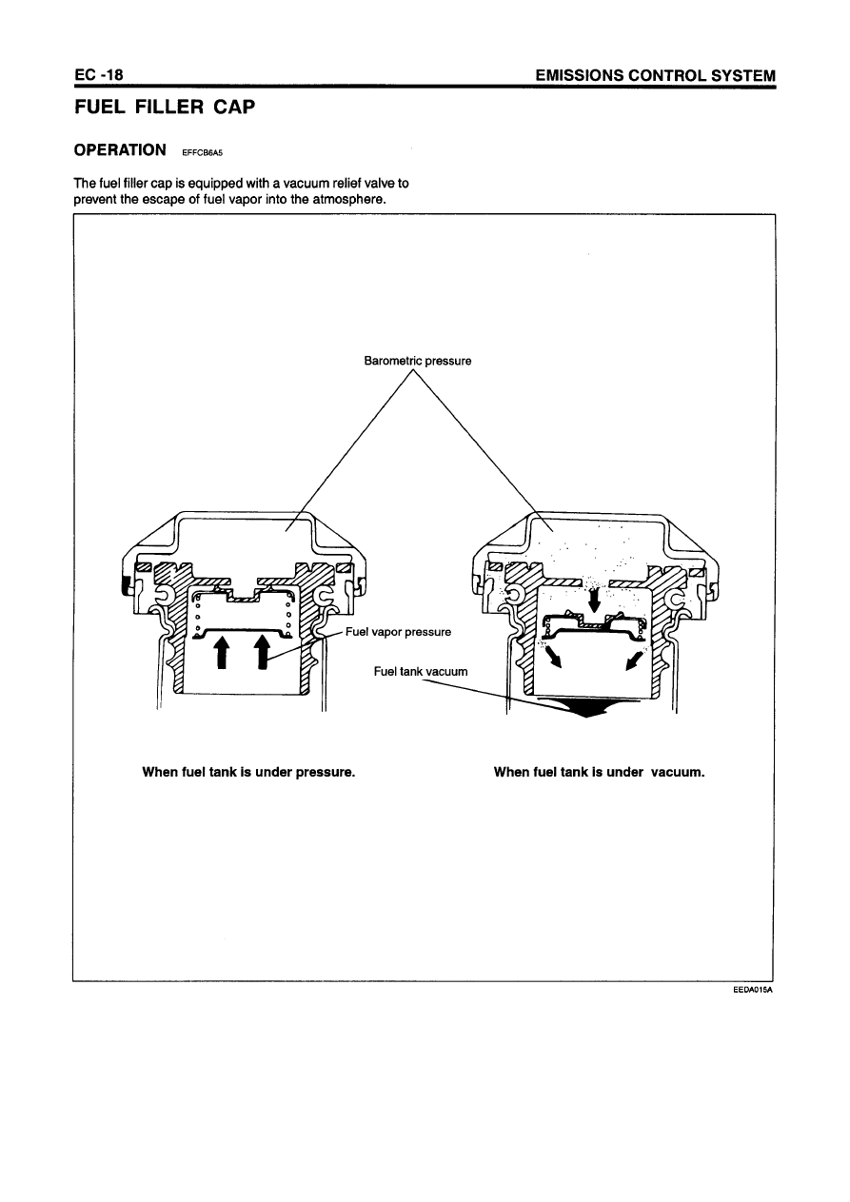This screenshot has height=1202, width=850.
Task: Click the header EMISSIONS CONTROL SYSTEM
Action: click(x=655, y=75)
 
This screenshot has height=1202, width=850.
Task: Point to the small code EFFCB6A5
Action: click(x=202, y=152)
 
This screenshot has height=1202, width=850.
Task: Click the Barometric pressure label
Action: click(x=417, y=361)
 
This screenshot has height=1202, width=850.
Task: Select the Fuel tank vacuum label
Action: click(x=421, y=672)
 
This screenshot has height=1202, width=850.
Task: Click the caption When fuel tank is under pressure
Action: click(x=248, y=771)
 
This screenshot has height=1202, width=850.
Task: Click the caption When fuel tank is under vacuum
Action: click(x=599, y=771)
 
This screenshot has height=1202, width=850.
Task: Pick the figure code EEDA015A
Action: click(x=752, y=990)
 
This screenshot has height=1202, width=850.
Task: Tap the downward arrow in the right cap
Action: click(x=595, y=601)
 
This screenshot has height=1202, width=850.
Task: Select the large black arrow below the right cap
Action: click(x=575, y=708)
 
